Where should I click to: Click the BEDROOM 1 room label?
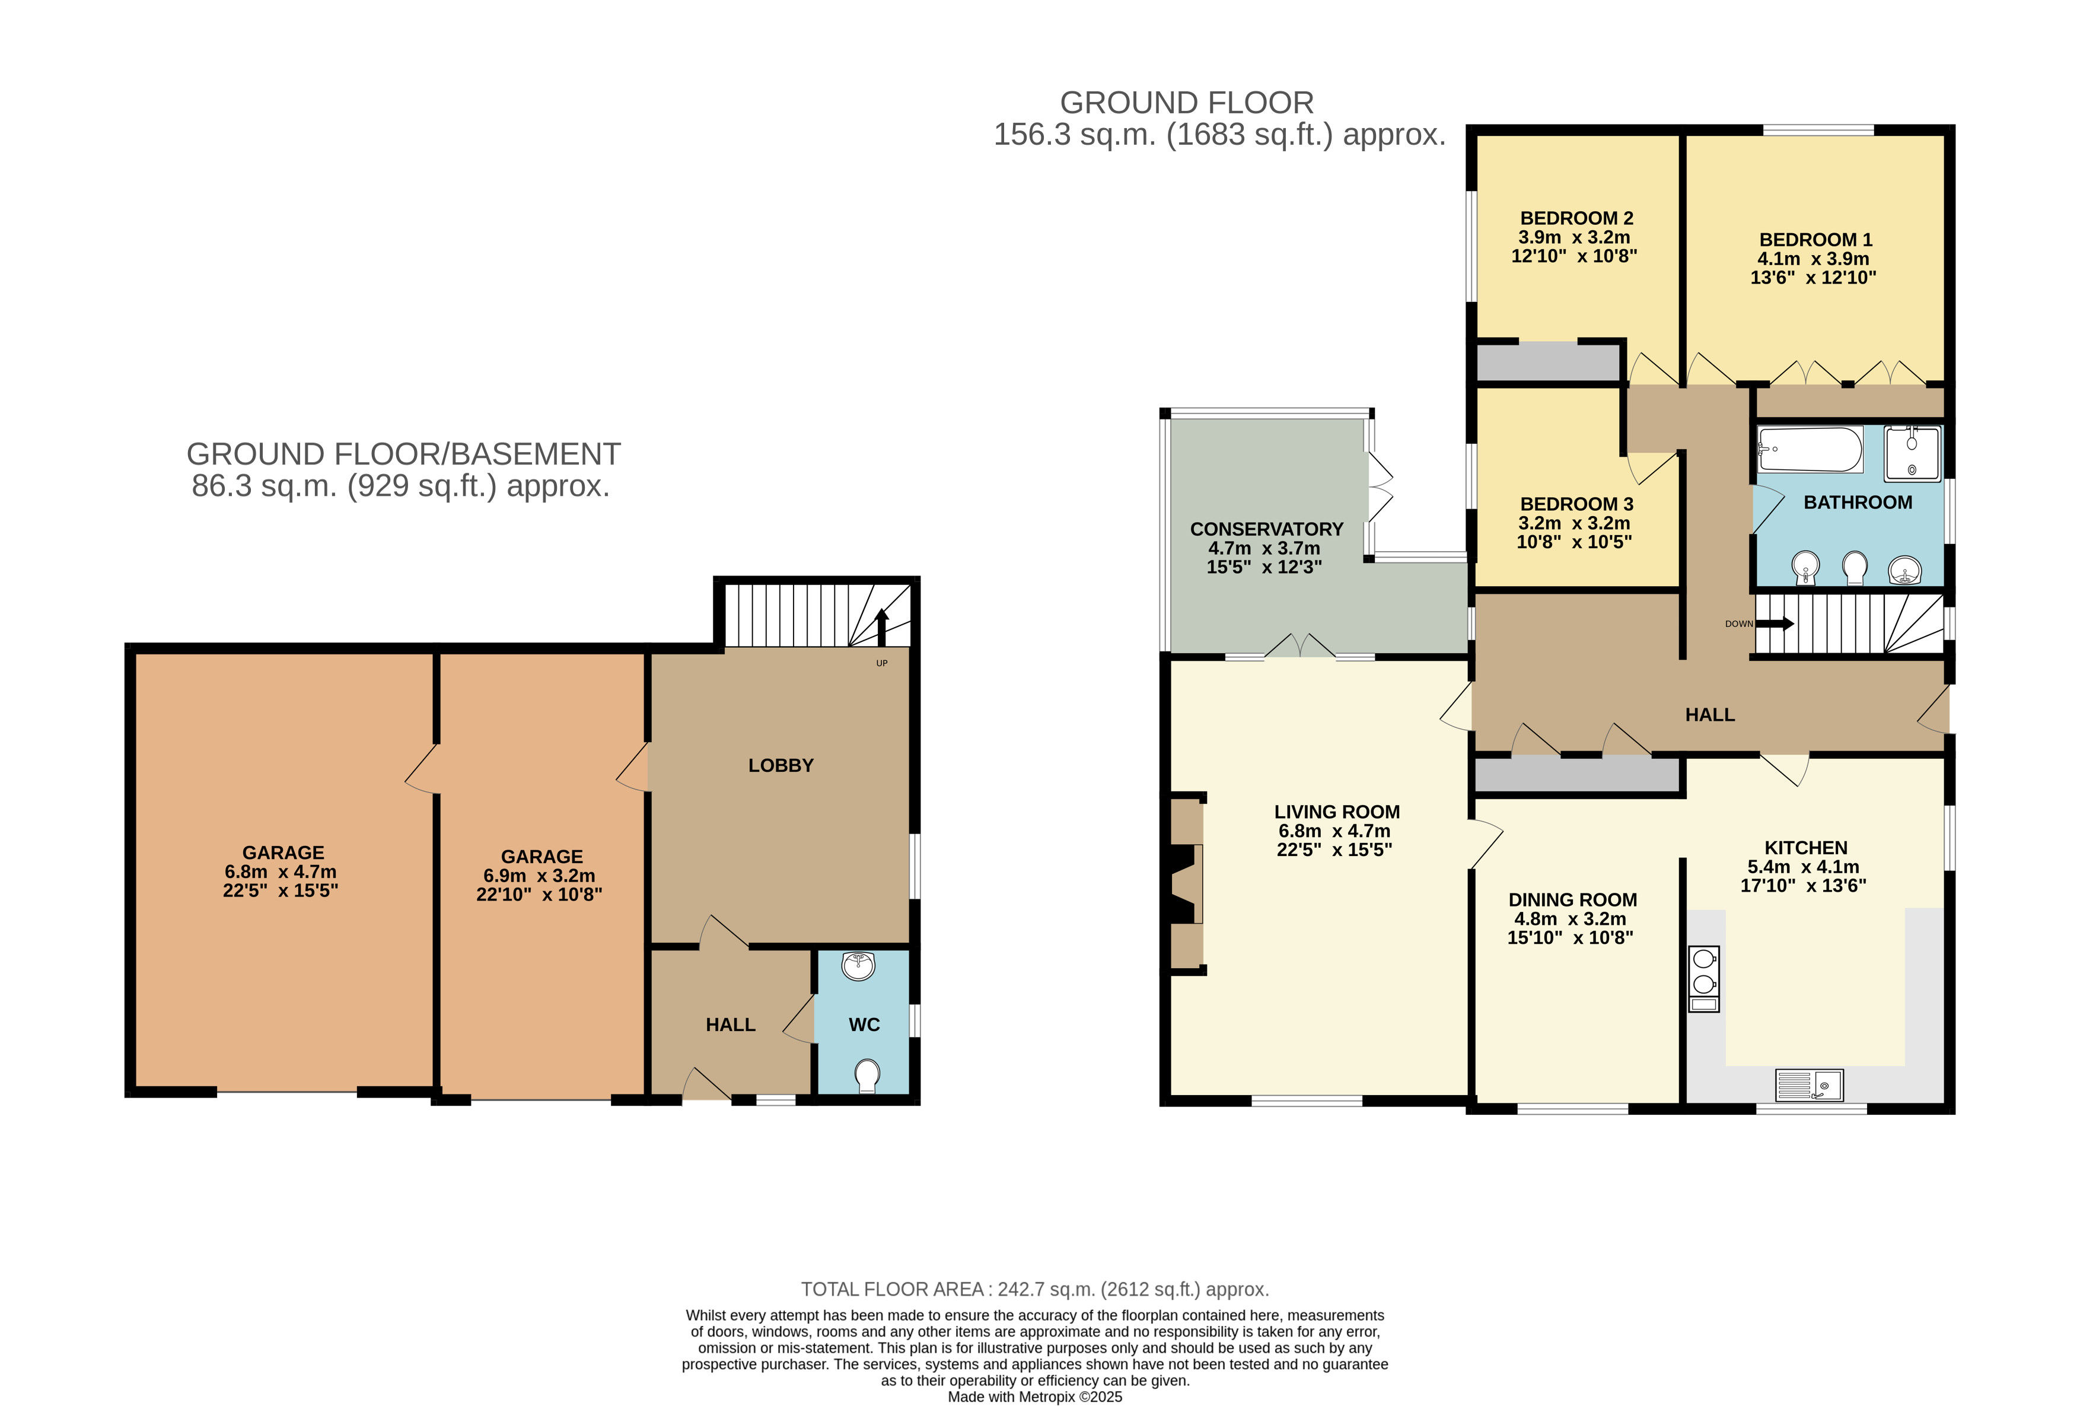pyautogui.click(x=1815, y=240)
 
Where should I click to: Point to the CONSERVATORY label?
pyautogui.click(x=1266, y=529)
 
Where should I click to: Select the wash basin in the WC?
pyautogui.click(x=858, y=966)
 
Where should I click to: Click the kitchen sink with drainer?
pyautogui.click(x=1809, y=1084)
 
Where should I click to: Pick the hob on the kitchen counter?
pyautogui.click(x=1704, y=979)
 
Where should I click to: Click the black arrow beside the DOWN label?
pyautogui.click(x=1775, y=624)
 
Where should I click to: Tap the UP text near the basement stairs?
pyautogui.click(x=881, y=663)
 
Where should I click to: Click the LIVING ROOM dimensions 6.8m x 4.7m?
pyautogui.click(x=1334, y=831)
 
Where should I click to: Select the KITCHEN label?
pyautogui.click(x=1805, y=848)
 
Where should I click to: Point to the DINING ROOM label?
pyautogui.click(x=1572, y=899)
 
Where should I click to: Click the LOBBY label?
pyautogui.click(x=781, y=765)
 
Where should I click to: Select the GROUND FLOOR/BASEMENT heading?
pyautogui.click(x=403, y=454)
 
